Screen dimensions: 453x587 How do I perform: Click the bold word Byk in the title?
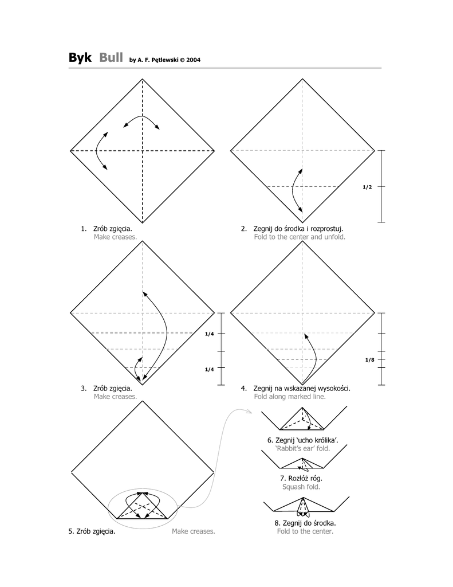pyautogui.click(x=80, y=58)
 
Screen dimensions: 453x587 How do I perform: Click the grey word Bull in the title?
pyautogui.click(x=111, y=57)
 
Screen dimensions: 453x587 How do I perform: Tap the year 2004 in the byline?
pyautogui.click(x=194, y=60)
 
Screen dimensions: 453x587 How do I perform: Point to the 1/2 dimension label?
pyautogui.click(x=367, y=187)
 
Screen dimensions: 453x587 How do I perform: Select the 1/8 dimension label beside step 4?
pyautogui.click(x=369, y=360)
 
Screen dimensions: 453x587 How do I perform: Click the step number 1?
pyautogui.click(x=84, y=229)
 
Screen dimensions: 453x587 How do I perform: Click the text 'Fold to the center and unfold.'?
pyautogui.click(x=300, y=237)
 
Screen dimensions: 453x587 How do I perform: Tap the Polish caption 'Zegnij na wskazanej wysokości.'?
pyautogui.click(x=301, y=389)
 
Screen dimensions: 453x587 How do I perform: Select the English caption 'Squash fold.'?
pyautogui.click(x=301, y=487)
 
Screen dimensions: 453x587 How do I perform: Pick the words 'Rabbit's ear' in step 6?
pyautogui.click(x=295, y=448)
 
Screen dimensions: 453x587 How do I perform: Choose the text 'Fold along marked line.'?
pyautogui.click(x=290, y=397)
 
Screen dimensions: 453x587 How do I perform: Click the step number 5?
pyautogui.click(x=71, y=531)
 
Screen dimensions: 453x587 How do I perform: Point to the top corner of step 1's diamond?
pyautogui.click(x=143, y=79)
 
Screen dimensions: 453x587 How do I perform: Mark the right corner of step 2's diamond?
pyautogui.click(x=375, y=151)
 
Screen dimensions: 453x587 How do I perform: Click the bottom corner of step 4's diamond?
pyautogui.click(x=302, y=385)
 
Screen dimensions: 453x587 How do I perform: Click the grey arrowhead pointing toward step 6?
pyautogui.click(x=250, y=412)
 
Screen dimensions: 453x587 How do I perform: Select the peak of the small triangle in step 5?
pyautogui.click(x=143, y=494)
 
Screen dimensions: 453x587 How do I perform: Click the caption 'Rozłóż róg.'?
pyautogui.click(x=301, y=479)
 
